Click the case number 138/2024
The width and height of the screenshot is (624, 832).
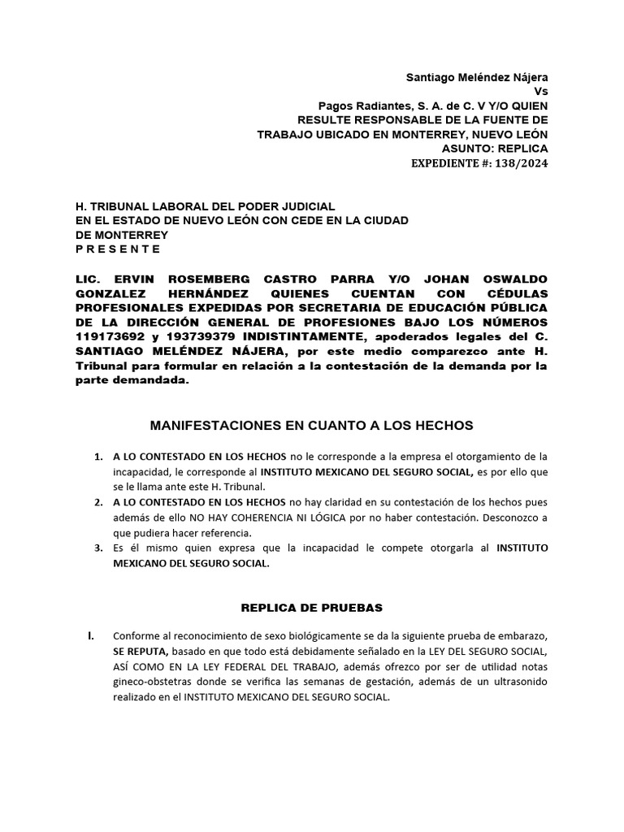[x=522, y=163]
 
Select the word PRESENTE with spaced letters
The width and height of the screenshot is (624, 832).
[x=118, y=249]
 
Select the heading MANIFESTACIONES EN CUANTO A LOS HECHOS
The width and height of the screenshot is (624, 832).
[x=312, y=425]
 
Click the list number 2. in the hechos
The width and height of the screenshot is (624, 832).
[x=99, y=503]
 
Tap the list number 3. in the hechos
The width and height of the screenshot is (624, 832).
[x=99, y=548]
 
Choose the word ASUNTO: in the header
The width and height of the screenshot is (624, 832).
[x=466, y=149]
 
